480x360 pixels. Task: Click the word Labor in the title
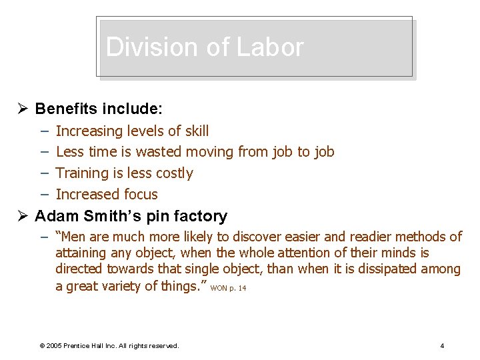(274, 47)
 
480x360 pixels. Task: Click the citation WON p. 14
(228, 288)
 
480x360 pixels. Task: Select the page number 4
(442, 345)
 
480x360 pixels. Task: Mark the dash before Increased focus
(43, 195)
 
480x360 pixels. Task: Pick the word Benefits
(66, 109)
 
